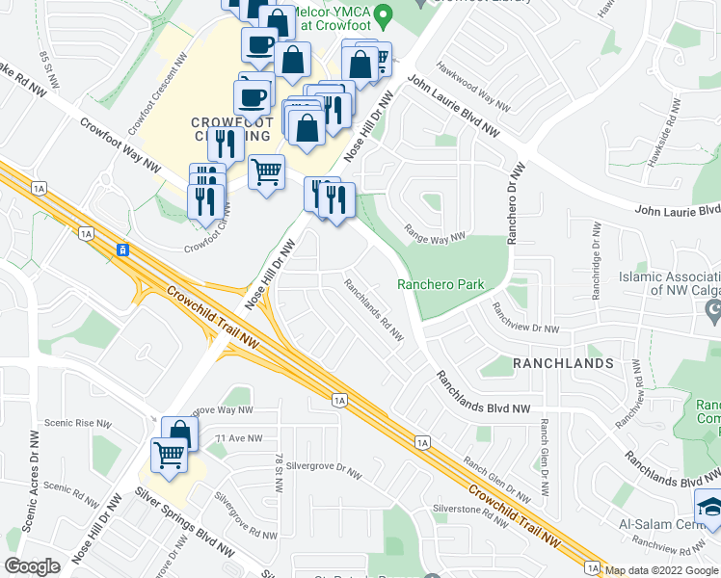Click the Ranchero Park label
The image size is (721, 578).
(441, 284)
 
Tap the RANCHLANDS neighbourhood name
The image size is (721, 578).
(549, 363)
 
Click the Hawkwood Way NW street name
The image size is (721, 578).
(471, 86)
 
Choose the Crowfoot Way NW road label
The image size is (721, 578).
(120, 144)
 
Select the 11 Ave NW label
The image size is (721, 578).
(239, 438)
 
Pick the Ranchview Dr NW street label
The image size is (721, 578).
(525, 320)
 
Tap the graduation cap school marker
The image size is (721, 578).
(710, 508)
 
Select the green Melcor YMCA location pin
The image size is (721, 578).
(384, 15)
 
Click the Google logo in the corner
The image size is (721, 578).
(32, 566)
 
